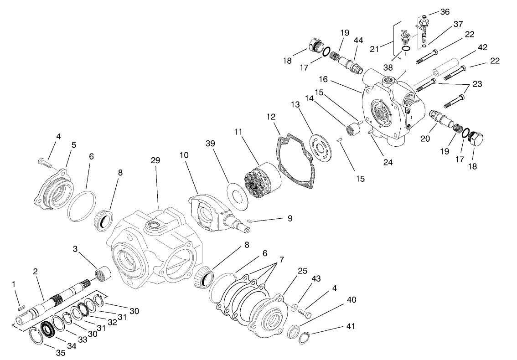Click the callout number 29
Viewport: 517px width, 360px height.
pos(155,161)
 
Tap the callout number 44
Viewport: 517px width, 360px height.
pos(358,41)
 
